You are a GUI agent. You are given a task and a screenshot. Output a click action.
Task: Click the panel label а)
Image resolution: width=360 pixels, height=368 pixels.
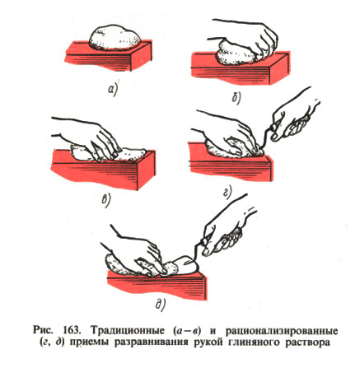coord(112,90)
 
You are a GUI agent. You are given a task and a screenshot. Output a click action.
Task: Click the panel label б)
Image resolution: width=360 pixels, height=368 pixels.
coord(236,98)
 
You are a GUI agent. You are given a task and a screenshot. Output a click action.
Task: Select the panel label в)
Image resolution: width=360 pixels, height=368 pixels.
coord(105,200)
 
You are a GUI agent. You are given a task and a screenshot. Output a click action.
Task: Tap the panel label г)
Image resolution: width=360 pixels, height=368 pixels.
coord(227,192)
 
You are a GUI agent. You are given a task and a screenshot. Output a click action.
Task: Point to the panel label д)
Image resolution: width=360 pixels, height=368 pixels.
coord(161,305)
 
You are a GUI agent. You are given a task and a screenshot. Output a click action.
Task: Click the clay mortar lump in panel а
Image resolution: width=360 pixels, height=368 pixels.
coord(115,38)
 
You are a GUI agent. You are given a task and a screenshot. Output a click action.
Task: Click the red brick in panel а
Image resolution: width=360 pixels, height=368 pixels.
coord(109,57)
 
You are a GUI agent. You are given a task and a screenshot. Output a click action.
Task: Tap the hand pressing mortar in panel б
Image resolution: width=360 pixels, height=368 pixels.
coord(245,39)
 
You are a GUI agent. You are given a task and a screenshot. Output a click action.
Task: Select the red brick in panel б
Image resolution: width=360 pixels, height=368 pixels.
coord(241,68)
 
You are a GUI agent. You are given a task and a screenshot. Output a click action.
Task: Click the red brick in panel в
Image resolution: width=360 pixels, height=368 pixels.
coord(103,168)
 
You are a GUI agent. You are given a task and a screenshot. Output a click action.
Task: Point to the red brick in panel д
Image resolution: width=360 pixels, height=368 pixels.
coord(157,284)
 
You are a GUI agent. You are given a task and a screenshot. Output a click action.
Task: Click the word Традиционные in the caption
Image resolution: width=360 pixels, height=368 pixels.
coord(126,330)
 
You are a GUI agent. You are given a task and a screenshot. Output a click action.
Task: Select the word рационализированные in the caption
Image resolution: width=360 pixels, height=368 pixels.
coord(282,330)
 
